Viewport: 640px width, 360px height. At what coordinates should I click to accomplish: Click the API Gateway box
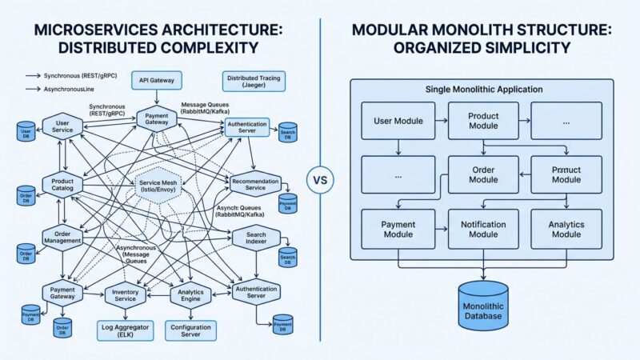point(158,80)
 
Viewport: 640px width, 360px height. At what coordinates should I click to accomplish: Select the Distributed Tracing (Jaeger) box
point(249,81)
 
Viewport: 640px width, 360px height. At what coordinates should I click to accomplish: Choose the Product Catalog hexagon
point(62,183)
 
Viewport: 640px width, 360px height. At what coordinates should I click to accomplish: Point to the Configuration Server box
point(190,329)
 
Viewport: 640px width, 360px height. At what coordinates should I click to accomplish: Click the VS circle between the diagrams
point(319,179)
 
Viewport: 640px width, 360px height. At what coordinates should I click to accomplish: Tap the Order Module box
point(482,174)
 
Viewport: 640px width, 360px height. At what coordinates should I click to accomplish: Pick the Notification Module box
point(482,229)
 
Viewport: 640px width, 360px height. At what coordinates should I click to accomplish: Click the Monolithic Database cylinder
point(482,305)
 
